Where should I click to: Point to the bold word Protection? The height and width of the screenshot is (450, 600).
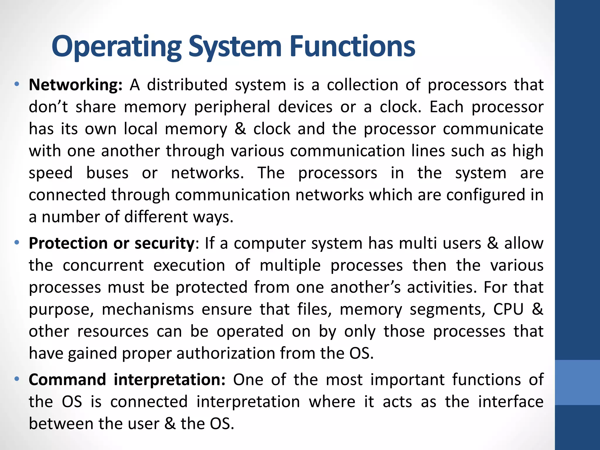[x=68, y=243]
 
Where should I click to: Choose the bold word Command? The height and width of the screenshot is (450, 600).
[x=67, y=380]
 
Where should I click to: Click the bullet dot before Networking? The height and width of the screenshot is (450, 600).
[x=17, y=85]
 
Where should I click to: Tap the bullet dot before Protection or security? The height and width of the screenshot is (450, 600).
[x=17, y=243]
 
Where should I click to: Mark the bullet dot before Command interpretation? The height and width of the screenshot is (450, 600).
[x=17, y=379]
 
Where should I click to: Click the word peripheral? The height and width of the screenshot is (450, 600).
[x=232, y=107]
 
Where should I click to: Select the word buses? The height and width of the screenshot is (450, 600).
[x=107, y=173]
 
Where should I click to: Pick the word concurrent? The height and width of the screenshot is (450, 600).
[x=103, y=265]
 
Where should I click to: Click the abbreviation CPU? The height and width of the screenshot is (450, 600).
[x=508, y=309]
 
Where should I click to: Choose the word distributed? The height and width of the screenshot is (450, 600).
[x=187, y=85]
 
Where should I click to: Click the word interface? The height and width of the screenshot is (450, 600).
[x=511, y=402]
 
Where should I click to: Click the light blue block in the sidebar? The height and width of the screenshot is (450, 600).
[x=577, y=382]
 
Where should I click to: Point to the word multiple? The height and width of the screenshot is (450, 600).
[x=290, y=265]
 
